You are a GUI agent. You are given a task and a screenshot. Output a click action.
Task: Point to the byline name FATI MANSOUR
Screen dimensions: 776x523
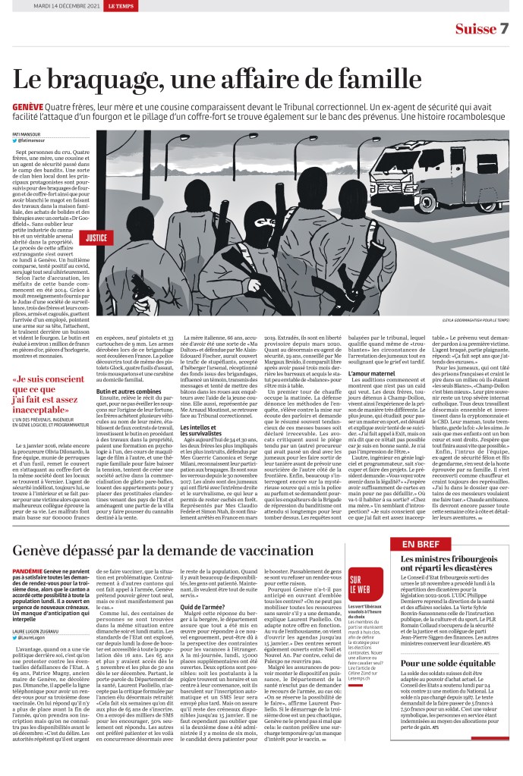[x=27, y=134]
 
